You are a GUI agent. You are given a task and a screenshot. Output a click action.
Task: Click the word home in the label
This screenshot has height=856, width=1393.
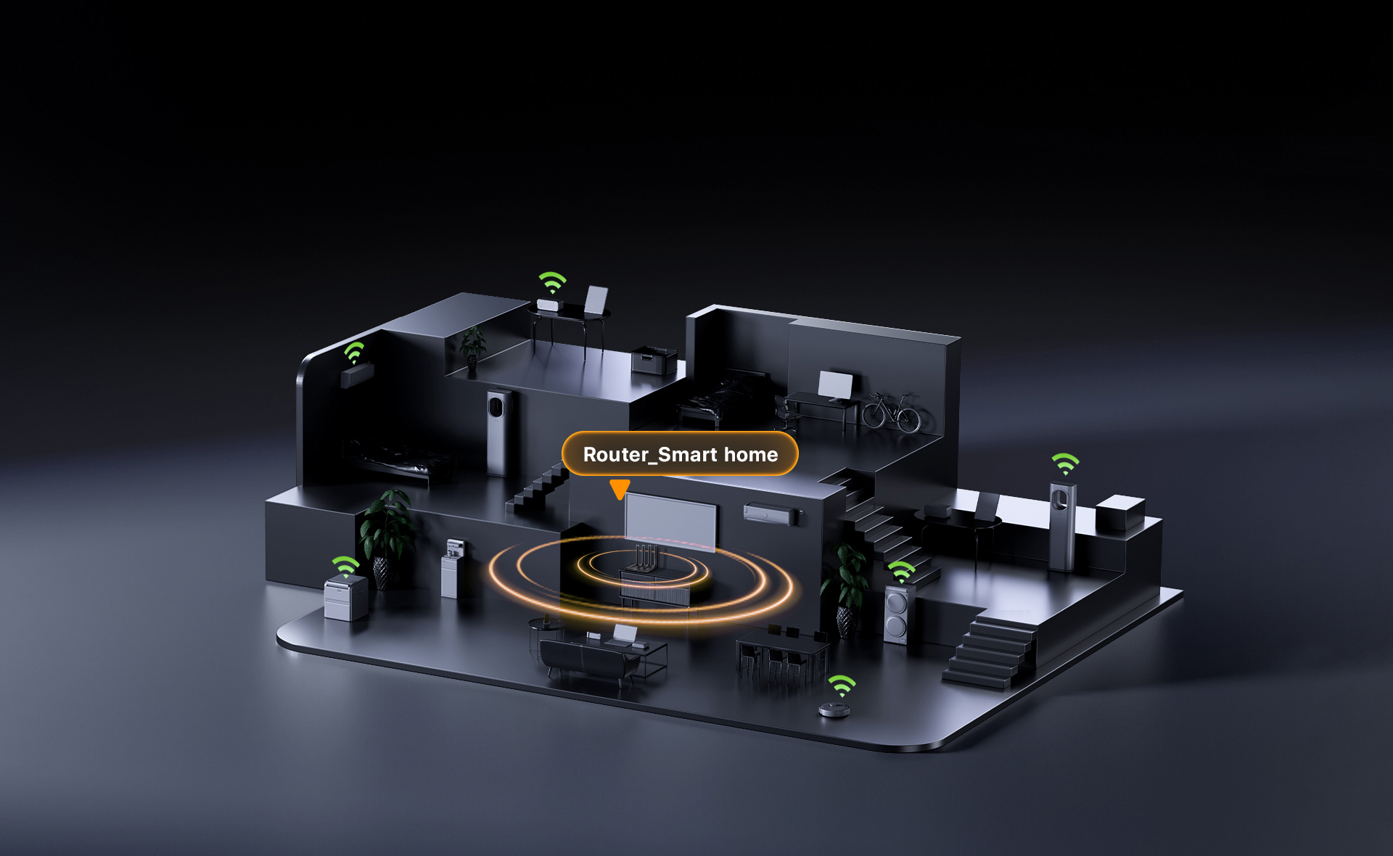pyautogui.click(x=751, y=454)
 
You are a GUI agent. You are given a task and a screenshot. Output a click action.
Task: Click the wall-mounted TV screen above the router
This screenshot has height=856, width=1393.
pyautogui.click(x=671, y=521)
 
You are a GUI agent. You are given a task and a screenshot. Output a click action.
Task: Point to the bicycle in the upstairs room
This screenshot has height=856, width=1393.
pyautogui.click(x=891, y=412)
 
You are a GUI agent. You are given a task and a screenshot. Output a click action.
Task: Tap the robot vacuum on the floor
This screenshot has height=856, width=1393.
pyautogui.click(x=834, y=709)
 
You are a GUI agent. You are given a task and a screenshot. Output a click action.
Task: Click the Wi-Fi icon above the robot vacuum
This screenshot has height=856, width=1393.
pyautogui.click(x=842, y=685)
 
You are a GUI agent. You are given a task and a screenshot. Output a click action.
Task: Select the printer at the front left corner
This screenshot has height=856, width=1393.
pyautogui.click(x=345, y=598)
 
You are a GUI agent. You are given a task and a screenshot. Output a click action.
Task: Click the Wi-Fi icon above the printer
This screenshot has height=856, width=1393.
pyautogui.click(x=346, y=566)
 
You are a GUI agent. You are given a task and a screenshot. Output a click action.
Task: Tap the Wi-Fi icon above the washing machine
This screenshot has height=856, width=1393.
pyautogui.click(x=902, y=571)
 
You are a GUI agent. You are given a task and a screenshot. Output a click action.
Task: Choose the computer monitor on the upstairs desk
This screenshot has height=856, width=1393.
pyautogui.click(x=836, y=386)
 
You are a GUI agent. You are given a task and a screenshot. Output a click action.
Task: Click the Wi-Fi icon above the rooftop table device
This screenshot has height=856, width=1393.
pyautogui.click(x=552, y=281)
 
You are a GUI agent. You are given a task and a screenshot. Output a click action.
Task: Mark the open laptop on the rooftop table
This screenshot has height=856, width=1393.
pyautogui.click(x=595, y=301)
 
